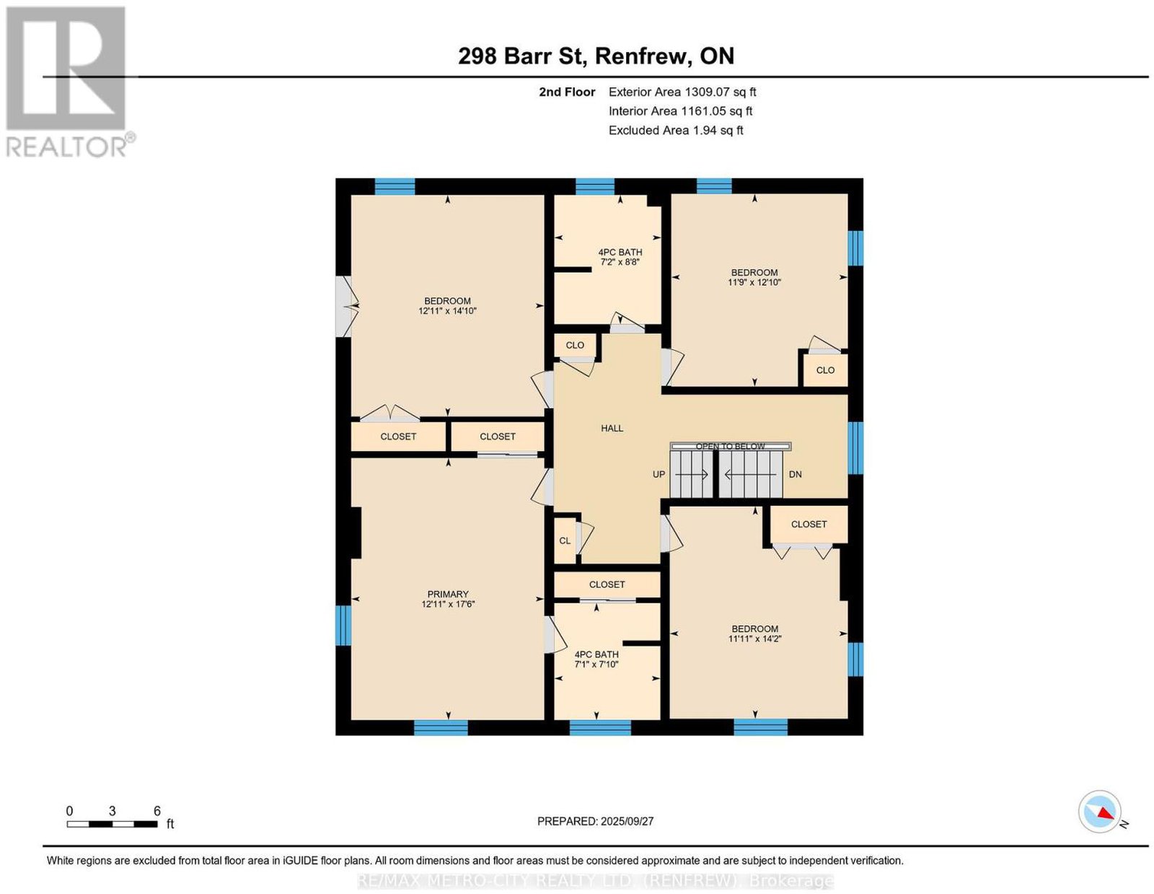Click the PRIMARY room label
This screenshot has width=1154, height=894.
click(x=448, y=594)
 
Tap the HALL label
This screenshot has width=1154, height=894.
click(x=612, y=428)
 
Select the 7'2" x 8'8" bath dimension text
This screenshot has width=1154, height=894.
click(x=620, y=262)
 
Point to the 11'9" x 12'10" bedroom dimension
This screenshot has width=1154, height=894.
click(x=754, y=282)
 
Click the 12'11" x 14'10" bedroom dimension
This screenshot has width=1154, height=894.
click(x=447, y=311)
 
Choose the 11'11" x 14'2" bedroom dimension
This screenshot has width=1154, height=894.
click(x=754, y=639)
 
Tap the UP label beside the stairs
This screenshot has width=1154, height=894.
click(x=659, y=474)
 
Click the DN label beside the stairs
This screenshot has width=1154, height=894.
click(x=795, y=474)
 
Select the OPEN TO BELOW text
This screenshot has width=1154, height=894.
click(x=730, y=446)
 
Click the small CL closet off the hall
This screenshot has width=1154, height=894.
click(x=565, y=540)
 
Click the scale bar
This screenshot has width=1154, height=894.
click(x=112, y=824)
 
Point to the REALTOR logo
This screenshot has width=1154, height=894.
click(x=68, y=82)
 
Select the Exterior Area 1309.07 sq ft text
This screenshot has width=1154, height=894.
click(x=682, y=92)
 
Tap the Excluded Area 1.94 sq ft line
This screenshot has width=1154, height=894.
click(x=676, y=130)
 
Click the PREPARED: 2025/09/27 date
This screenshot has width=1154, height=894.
click(x=595, y=820)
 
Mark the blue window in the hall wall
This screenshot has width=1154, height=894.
click(x=855, y=447)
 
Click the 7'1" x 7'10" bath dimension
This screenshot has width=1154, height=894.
click(x=596, y=664)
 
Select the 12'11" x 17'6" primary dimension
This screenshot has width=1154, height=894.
click(x=448, y=604)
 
